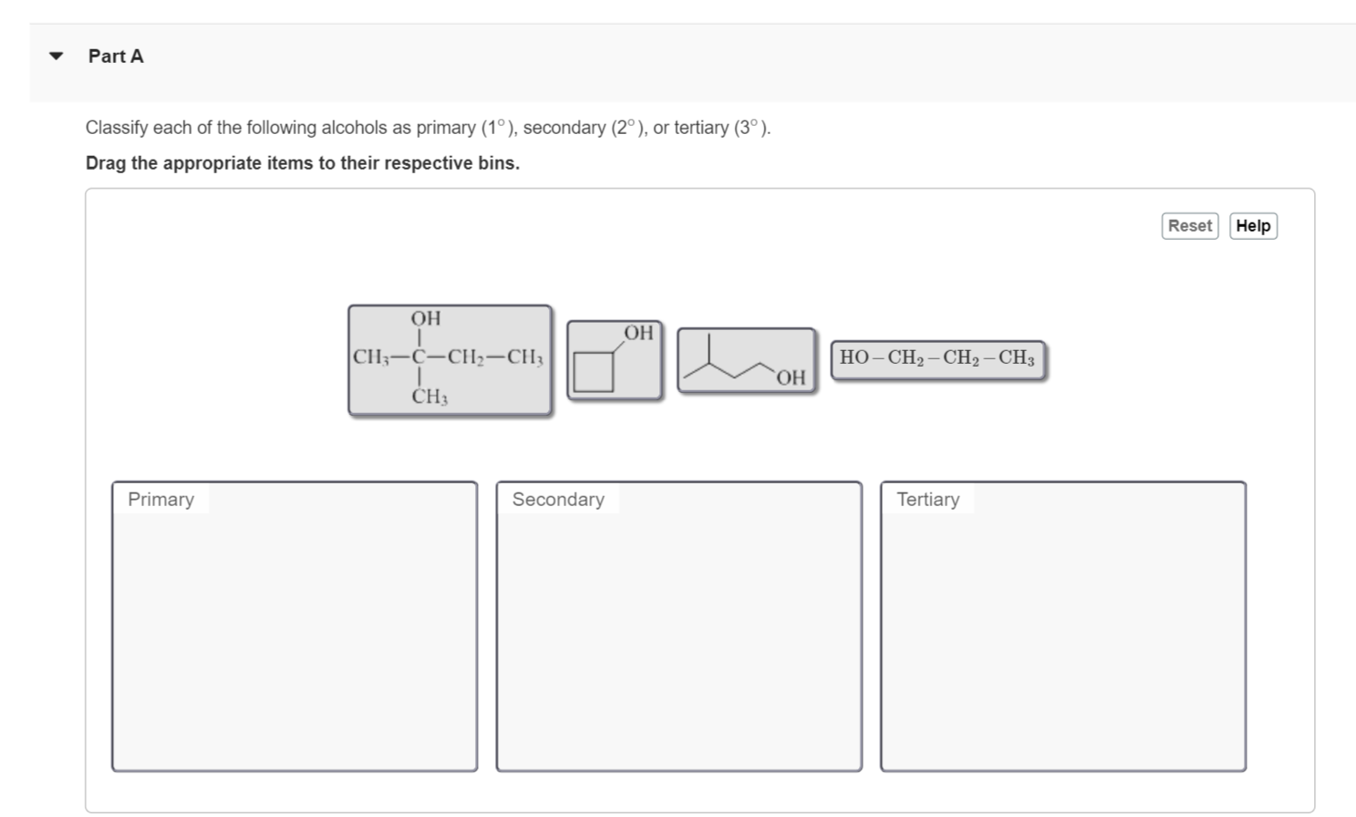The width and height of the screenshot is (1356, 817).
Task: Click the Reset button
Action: (x=1189, y=226)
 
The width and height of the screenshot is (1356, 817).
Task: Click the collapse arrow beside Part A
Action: (x=57, y=57)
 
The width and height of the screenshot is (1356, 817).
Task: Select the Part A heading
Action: (x=116, y=57)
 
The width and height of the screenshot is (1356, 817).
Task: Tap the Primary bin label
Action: (x=160, y=500)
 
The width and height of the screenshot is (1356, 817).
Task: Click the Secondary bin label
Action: (x=558, y=500)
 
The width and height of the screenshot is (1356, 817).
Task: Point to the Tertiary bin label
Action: (x=927, y=500)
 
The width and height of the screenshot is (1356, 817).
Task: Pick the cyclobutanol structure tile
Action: (x=614, y=360)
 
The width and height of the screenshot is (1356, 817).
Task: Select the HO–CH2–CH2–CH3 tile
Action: (x=937, y=358)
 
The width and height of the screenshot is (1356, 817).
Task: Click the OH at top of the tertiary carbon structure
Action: (x=425, y=318)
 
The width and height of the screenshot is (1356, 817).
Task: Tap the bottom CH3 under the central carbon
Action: (x=430, y=397)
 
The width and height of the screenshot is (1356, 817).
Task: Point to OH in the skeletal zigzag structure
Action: (x=792, y=377)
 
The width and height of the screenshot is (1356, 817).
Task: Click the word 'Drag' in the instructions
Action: (x=106, y=163)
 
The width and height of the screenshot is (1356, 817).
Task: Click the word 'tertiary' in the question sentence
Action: (x=701, y=128)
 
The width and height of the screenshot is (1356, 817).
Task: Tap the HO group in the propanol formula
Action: (x=854, y=357)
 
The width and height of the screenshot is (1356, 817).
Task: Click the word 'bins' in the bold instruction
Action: (x=496, y=163)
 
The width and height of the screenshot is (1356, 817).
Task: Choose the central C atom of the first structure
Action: (x=419, y=357)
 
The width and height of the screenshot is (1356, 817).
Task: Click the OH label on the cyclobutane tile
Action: (x=638, y=333)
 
